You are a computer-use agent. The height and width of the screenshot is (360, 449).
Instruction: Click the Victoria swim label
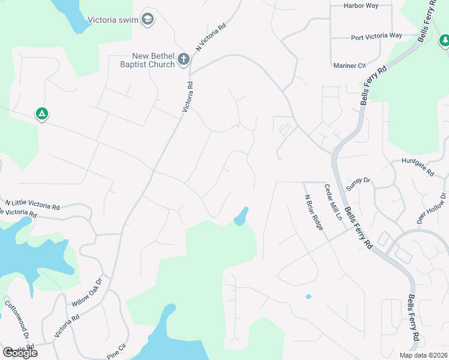tap(112, 20)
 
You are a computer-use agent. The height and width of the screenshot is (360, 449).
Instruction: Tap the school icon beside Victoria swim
tap(148, 20)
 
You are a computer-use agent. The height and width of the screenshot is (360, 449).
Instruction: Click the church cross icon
tap(184, 59)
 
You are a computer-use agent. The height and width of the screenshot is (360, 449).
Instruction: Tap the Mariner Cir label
tap(349, 65)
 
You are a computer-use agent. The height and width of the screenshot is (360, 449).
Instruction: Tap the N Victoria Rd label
tap(211, 37)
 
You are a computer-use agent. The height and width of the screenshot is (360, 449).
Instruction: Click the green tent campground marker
tap(41, 113)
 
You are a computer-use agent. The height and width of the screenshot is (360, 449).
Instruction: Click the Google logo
tap(20, 352)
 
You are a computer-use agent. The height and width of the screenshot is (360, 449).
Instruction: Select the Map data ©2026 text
tap(423, 355)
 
